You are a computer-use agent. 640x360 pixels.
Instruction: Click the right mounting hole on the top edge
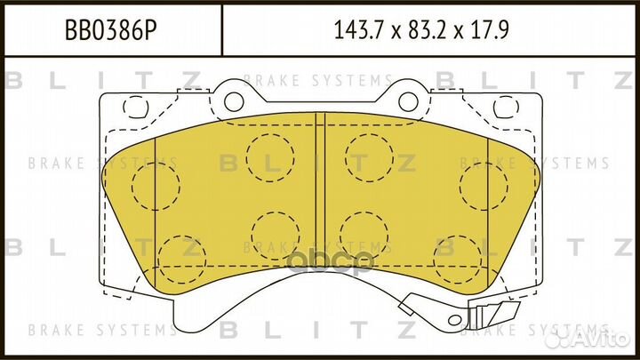tap(408, 96)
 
